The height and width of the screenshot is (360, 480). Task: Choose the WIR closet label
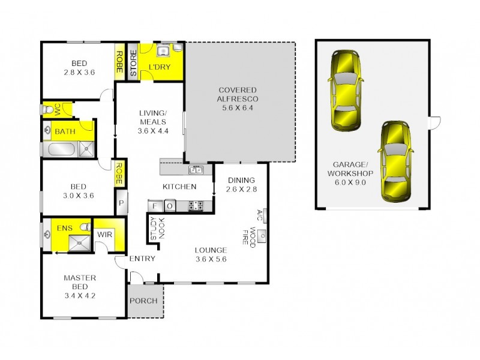tap(104, 235)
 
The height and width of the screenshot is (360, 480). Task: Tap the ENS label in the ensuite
tap(64, 228)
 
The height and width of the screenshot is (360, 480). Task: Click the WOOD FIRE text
tap(248, 238)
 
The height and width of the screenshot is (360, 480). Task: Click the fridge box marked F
tap(154, 205)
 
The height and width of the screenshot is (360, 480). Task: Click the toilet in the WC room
tap(49, 110)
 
